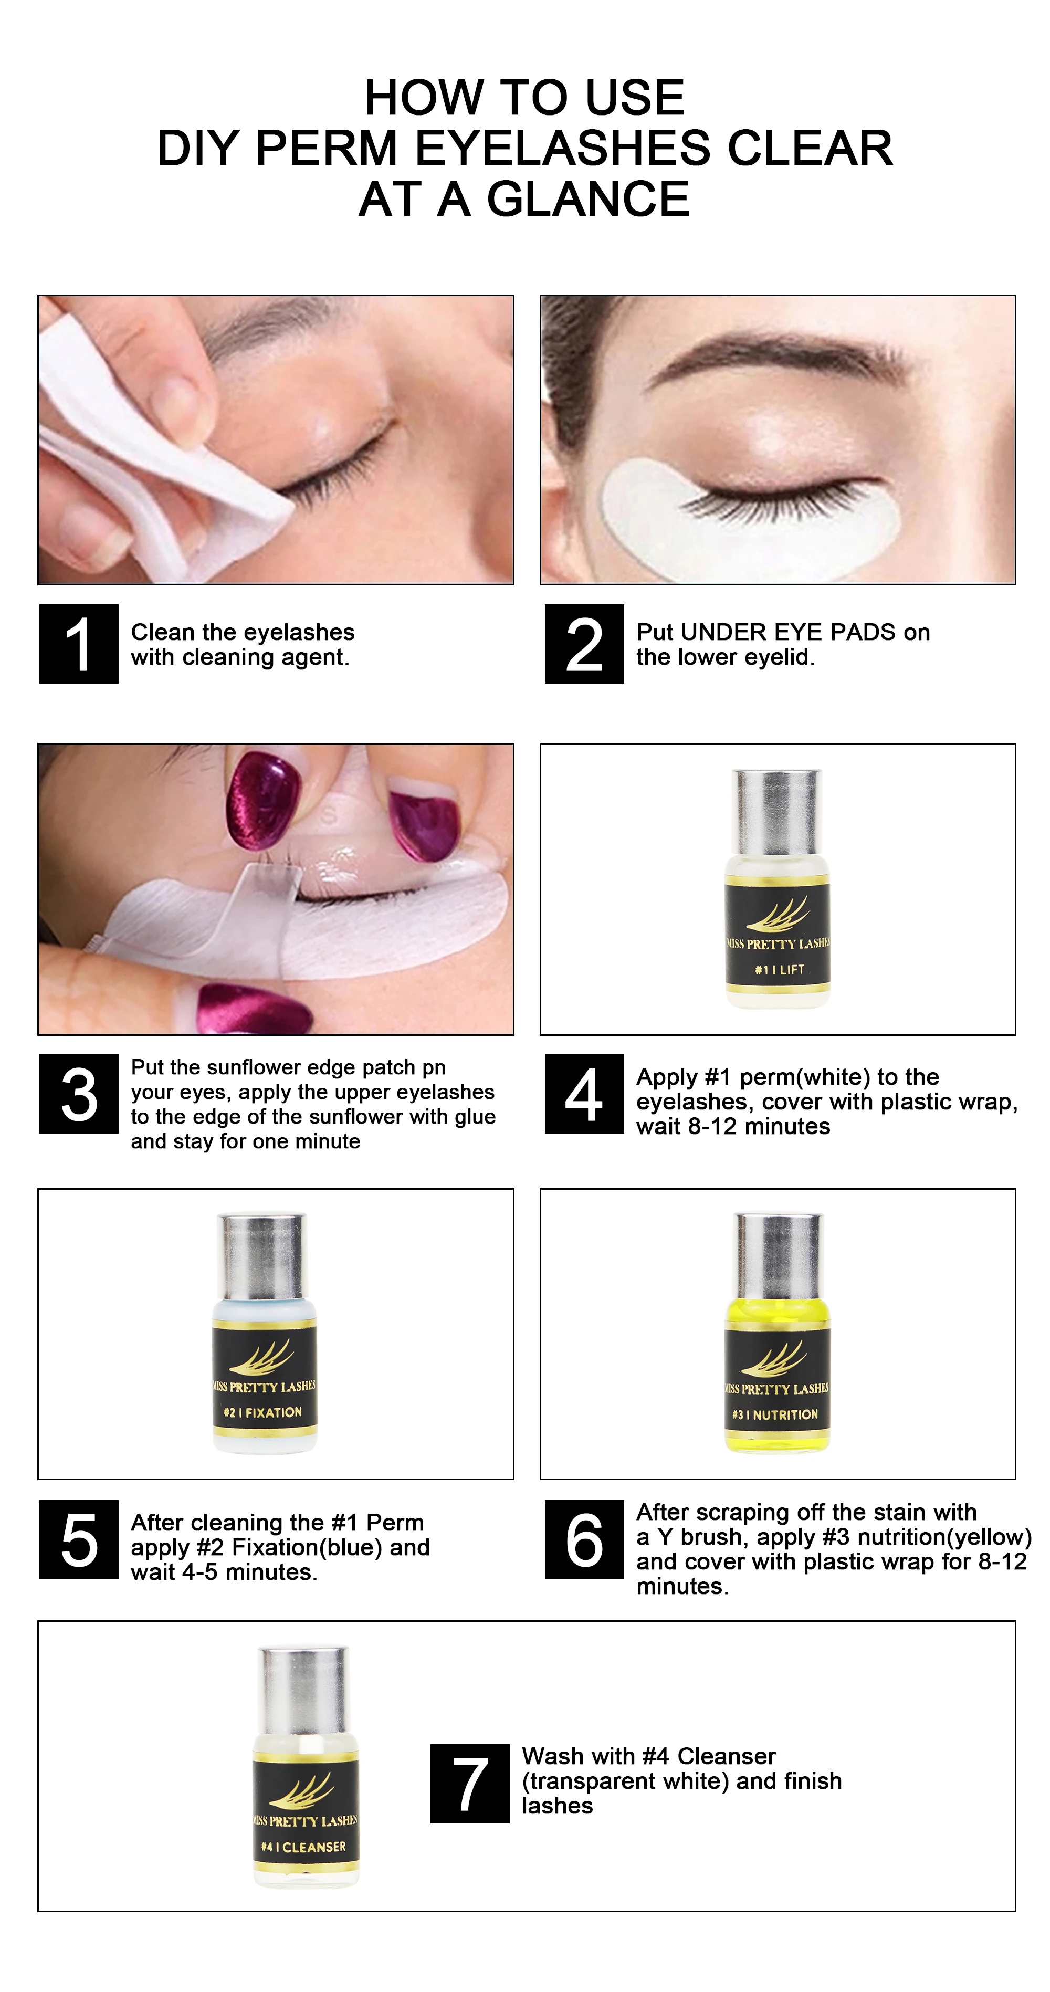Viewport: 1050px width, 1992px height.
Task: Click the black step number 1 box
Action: click(79, 643)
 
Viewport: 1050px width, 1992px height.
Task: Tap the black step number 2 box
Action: click(584, 643)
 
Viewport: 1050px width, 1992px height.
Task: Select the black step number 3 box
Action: click(79, 1094)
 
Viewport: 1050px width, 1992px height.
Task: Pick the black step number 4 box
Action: click(584, 1094)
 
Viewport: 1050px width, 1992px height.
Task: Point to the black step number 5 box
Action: click(79, 1539)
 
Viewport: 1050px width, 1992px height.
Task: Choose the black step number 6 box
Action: click(584, 1539)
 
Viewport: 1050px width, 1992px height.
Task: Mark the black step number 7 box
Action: click(470, 1783)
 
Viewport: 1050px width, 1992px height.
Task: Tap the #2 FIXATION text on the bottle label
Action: click(263, 1412)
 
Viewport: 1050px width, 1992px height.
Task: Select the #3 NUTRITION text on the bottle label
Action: click(775, 1414)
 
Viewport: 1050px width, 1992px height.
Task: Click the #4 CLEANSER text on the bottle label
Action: click(304, 1847)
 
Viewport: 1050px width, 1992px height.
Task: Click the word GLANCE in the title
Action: click(587, 200)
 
